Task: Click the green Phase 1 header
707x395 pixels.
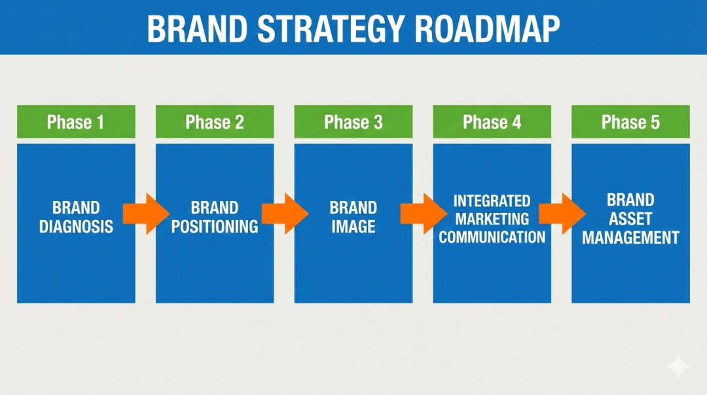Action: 76,122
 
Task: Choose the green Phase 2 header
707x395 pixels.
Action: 215,122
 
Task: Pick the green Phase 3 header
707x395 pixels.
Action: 353,122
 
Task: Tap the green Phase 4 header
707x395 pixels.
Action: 492,122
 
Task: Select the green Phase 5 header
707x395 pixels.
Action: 630,122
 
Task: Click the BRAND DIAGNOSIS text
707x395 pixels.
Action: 76,217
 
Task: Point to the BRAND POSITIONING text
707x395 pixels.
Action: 215,217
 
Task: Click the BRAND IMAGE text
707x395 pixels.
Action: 353,217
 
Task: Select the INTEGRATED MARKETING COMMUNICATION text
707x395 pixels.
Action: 492,219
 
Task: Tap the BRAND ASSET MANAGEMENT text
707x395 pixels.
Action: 630,219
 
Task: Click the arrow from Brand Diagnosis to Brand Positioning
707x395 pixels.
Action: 145,214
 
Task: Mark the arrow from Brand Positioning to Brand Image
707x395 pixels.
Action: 284,214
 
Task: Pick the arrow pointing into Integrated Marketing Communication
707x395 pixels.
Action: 423,214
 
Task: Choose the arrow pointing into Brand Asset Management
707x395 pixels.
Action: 562,214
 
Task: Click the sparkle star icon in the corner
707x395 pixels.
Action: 678,367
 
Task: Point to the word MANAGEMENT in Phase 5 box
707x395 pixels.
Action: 630,237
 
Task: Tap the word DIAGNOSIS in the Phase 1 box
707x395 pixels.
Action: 76,227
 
